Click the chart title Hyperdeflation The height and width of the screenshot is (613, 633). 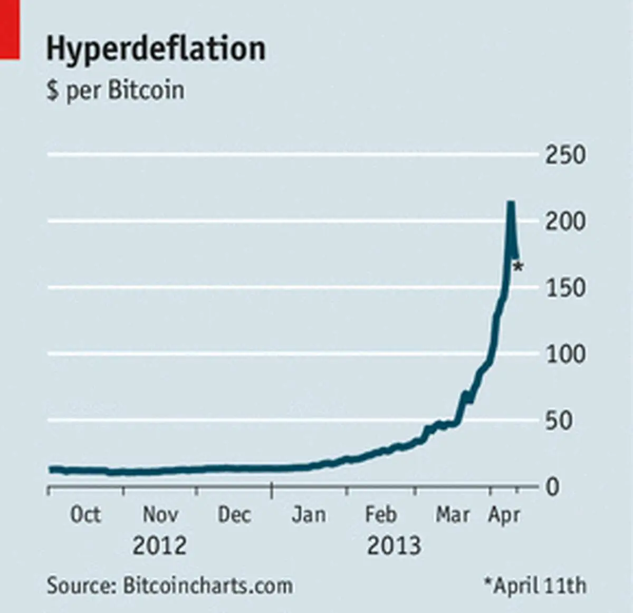click(x=156, y=50)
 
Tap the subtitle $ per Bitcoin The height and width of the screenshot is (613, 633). click(x=116, y=91)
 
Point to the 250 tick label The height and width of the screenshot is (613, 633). click(x=565, y=155)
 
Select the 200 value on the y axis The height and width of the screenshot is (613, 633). click(x=565, y=222)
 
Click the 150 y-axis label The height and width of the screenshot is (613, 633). click(x=565, y=288)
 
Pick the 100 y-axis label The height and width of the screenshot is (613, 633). click(x=565, y=355)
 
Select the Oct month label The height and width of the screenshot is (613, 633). click(x=86, y=515)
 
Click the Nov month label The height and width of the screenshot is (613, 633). click(x=160, y=515)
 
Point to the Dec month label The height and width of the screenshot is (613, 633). click(x=235, y=515)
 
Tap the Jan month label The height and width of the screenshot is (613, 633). click(x=309, y=515)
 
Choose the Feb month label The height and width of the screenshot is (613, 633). click(x=381, y=515)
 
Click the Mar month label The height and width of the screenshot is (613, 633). click(x=453, y=515)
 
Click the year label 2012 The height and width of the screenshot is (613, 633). click(x=160, y=545)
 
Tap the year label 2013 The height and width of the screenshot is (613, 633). click(x=394, y=545)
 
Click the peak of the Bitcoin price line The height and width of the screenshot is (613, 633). click(x=511, y=203)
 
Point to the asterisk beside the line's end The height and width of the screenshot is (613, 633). click(x=518, y=267)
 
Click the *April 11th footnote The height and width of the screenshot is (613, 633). click(x=535, y=586)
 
